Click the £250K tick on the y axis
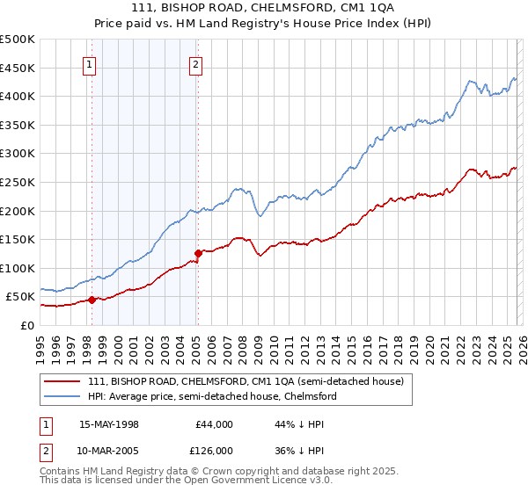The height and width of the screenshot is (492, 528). [18, 182]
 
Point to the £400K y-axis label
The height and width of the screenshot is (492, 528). [18, 96]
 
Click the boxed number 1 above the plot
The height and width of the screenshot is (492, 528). [91, 63]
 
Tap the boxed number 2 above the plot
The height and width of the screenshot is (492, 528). [194, 63]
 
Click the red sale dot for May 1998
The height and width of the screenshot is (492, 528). [92, 300]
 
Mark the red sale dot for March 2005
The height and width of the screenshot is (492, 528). [198, 253]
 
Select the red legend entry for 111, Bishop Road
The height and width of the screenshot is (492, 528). [246, 381]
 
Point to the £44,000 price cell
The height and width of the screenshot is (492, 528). [214, 423]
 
